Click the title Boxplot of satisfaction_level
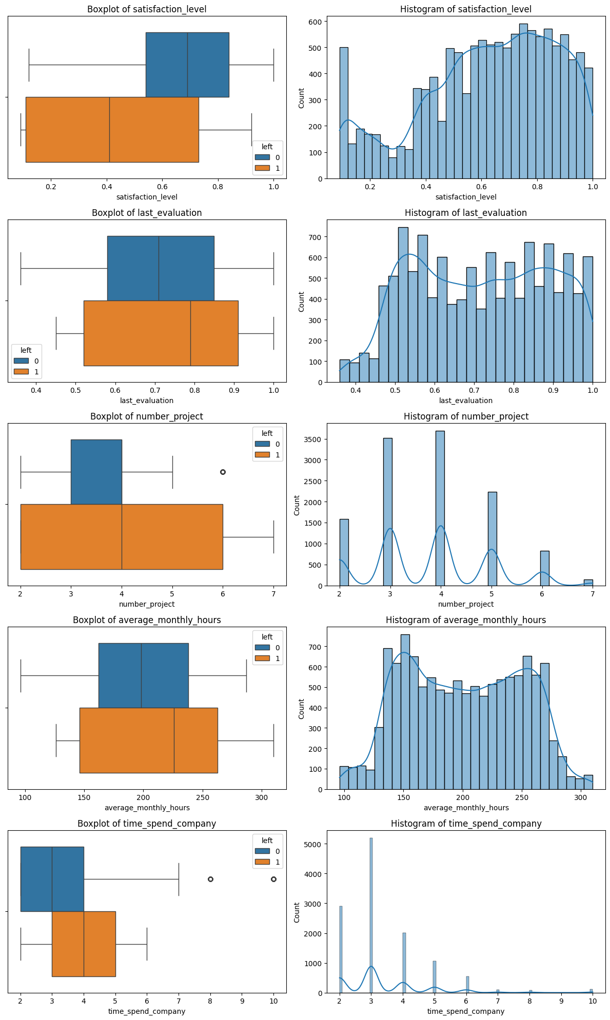[147, 9]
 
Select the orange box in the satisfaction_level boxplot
[112, 129]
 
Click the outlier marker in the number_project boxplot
[223, 472]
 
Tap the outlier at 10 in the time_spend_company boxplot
[273, 879]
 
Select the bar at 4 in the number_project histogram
[440, 508]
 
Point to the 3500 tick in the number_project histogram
[315, 439]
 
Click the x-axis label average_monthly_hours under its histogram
[466, 808]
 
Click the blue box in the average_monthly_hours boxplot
[143, 675]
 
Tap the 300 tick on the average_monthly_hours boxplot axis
[262, 797]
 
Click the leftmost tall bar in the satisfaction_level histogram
[344, 113]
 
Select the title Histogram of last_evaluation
[465, 213]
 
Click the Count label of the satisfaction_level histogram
[301, 97]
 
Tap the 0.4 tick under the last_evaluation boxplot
[36, 390]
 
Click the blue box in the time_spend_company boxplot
[52, 879]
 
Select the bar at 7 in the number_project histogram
[588, 583]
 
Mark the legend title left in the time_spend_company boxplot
[267, 841]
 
